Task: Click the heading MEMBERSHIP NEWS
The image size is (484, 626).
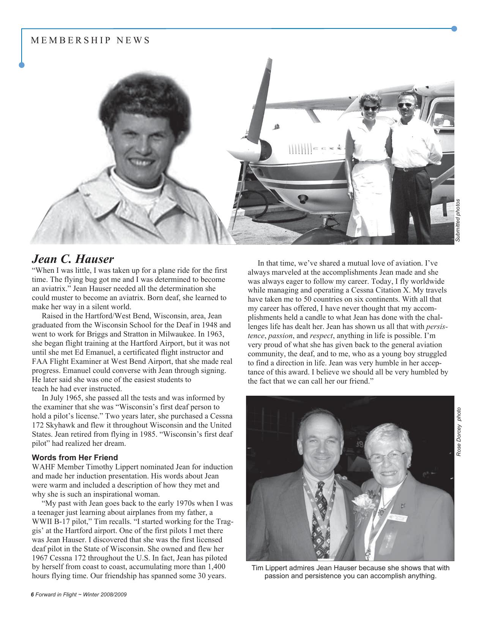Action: [x=90, y=40]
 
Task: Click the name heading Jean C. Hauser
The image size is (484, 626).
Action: [x=73, y=259]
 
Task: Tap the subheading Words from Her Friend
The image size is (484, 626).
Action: [x=75, y=458]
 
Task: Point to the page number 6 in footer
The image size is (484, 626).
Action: [x=32, y=595]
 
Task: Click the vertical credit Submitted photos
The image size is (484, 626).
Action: [x=458, y=220]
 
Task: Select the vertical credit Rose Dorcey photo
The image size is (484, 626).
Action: [x=459, y=432]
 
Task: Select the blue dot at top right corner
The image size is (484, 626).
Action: [x=454, y=29]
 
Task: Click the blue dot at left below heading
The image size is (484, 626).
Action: [x=22, y=65]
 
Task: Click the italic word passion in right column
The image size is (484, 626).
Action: [x=280, y=336]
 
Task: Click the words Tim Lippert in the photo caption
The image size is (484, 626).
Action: [x=268, y=568]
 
